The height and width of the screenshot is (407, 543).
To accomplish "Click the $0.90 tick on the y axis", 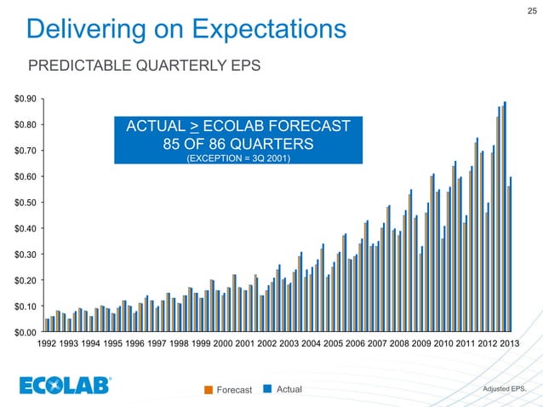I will click(x=25, y=100).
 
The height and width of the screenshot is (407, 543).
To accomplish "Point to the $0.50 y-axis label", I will click(x=25, y=203).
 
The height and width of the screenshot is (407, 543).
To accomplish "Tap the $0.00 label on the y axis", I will click(x=25, y=332).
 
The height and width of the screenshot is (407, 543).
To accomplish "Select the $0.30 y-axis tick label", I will click(x=25, y=255).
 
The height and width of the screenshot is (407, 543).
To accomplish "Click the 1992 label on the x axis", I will click(x=49, y=345).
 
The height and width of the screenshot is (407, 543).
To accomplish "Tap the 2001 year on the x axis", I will click(x=244, y=345).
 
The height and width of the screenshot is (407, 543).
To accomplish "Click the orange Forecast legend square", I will click(x=209, y=390).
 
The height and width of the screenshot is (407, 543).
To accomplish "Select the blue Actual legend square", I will click(x=267, y=390).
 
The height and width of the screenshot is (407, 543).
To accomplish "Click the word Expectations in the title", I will click(x=267, y=32).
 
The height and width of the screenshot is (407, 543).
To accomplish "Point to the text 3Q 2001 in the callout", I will click(x=270, y=157).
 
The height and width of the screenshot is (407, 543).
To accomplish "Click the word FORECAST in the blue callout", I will click(x=311, y=127).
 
